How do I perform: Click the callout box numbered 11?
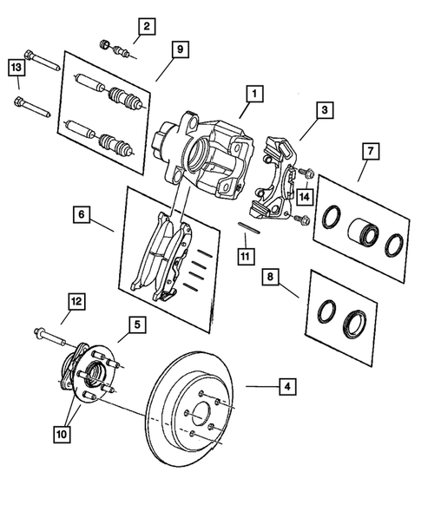tap(246, 256)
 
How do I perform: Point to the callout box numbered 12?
tap(76, 301)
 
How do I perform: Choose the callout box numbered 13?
tap(16, 66)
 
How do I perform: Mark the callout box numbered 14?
tap(304, 197)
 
